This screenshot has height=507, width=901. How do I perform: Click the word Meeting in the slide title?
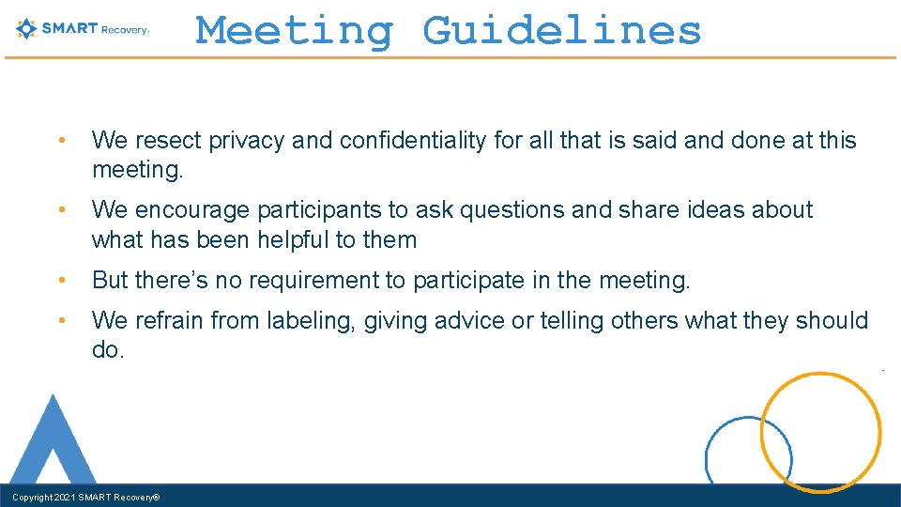click(x=295, y=31)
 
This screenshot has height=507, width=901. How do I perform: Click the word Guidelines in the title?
click(x=561, y=31)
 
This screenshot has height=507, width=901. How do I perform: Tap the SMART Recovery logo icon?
click(x=26, y=28)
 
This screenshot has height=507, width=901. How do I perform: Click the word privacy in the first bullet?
click(x=247, y=141)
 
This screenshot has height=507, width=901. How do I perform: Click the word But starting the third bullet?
click(x=110, y=280)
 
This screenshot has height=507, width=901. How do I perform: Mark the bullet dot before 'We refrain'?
click(x=60, y=321)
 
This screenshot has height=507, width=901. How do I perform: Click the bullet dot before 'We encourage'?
click(x=60, y=209)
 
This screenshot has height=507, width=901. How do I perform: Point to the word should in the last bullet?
click(x=832, y=321)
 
